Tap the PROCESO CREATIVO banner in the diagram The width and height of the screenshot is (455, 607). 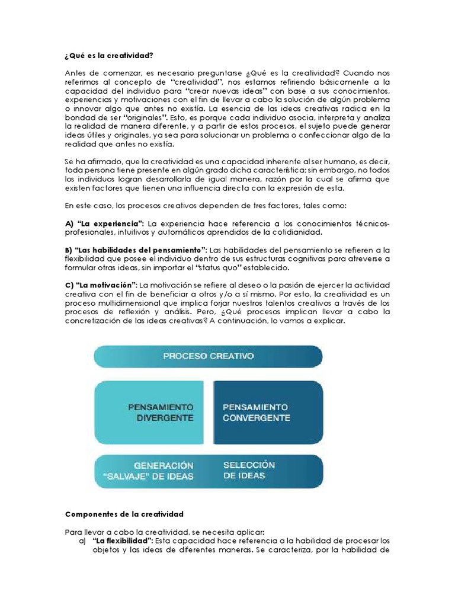tap(208, 356)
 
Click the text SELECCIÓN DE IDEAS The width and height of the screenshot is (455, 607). tap(249, 470)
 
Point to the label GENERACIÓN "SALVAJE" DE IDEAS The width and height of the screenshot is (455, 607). tap(156, 471)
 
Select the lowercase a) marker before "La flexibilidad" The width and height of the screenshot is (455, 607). tap(82, 541)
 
